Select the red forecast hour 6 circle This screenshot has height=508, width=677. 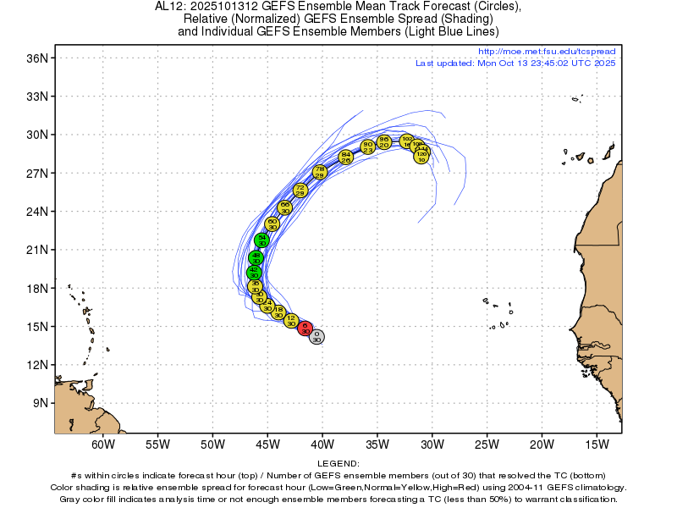point(305,329)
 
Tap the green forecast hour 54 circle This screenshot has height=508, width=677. point(262,240)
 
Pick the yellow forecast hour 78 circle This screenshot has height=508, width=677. point(319,172)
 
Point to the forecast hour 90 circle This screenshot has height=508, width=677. point(367,146)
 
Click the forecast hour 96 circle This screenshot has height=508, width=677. point(383,141)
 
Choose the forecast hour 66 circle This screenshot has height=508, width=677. point(285,207)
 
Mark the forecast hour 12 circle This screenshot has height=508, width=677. point(291,320)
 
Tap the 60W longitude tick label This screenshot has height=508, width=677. point(102,444)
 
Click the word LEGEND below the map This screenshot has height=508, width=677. point(338,464)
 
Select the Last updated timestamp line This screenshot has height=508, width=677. point(515,63)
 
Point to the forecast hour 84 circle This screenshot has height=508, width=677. point(345,157)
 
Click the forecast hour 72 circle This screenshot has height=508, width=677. point(300,190)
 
